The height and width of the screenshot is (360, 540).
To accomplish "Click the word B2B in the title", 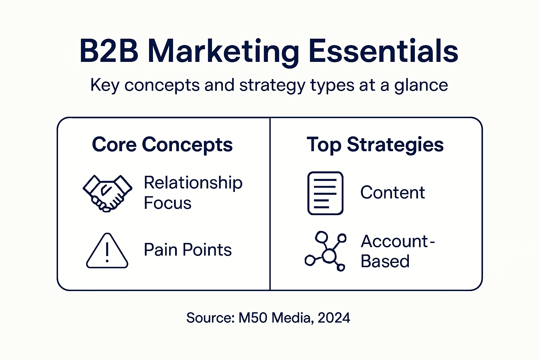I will pos(109,51).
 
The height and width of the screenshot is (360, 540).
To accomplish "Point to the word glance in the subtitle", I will pos(421,85).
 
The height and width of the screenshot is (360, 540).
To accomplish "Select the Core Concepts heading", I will pos(162,144).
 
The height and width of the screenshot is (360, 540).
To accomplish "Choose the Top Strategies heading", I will pos(375,144).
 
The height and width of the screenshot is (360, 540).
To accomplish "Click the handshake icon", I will pos(107,193).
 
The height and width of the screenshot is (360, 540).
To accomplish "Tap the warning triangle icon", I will pos(107,251).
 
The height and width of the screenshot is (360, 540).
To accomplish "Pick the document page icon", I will pos(325,193).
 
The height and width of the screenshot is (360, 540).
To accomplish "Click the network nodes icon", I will pos(326,251).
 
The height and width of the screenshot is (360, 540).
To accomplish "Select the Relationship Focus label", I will pos(193,193).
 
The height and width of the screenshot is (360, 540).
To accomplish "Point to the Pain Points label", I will pos(188,250).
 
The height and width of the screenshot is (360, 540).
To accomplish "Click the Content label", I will pos(393,193).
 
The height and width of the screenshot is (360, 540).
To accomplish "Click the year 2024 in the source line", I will pos(334,318).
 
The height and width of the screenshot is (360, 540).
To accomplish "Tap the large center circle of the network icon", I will pos(329,256).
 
